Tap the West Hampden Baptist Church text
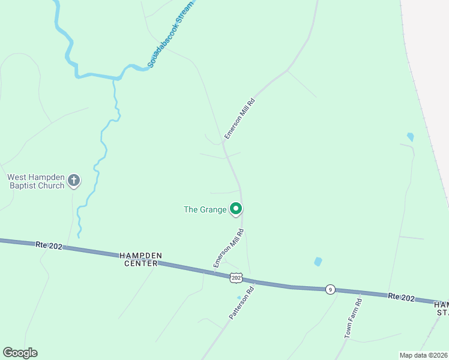click(x=35, y=181)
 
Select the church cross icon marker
click(x=74, y=180)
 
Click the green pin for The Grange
click(x=237, y=209)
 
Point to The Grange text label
click(x=205, y=209)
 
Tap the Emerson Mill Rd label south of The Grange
click(x=229, y=248)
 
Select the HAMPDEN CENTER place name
click(x=143, y=259)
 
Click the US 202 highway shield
click(x=235, y=277)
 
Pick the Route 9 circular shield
click(x=330, y=289)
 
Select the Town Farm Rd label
click(x=353, y=318)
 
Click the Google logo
click(x=20, y=353)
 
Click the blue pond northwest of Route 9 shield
click(x=318, y=262)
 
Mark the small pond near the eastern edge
click(x=410, y=137)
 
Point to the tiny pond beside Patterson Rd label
click(x=239, y=298)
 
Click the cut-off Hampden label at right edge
click(x=441, y=308)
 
